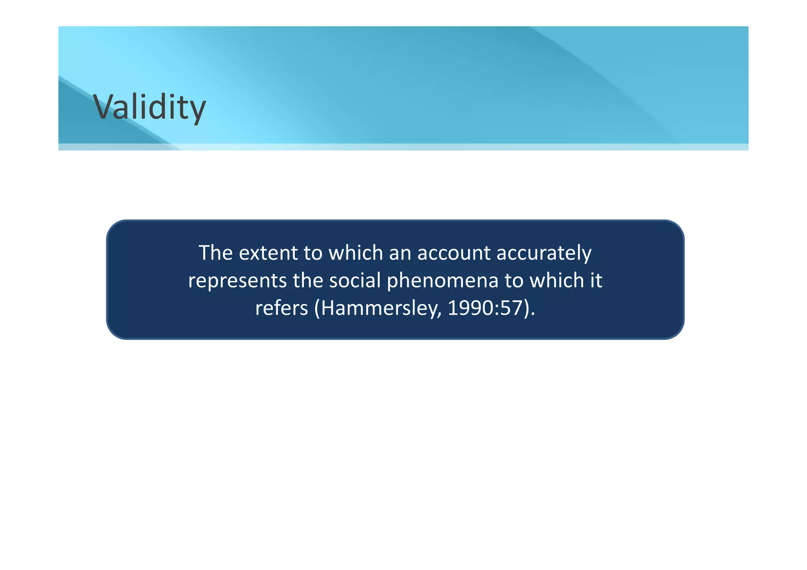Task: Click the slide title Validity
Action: [x=149, y=107]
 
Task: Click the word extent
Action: [x=268, y=253]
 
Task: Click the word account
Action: [x=454, y=253]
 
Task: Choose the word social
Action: [x=355, y=280]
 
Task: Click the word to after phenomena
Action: [x=514, y=281]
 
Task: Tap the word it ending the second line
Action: [x=596, y=280]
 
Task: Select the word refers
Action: [x=281, y=308]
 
